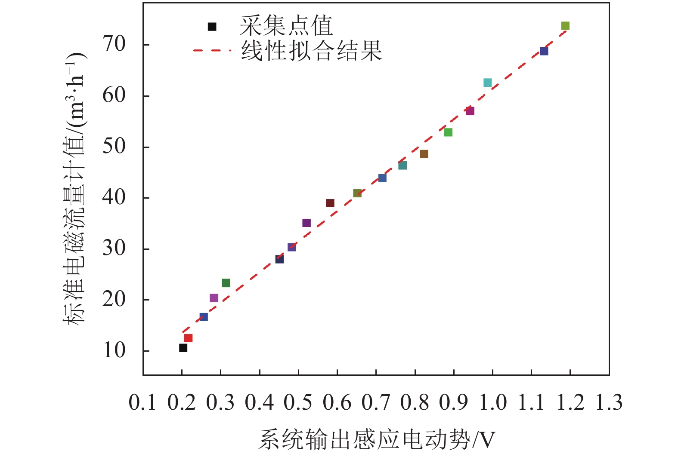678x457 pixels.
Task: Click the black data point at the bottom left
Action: click(183, 348)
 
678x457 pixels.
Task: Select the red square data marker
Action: click(188, 338)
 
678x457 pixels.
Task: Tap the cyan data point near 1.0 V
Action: click(487, 83)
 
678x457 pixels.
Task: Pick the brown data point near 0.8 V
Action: click(424, 154)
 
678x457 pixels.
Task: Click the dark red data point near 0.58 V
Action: click(330, 203)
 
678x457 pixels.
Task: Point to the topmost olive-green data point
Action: click(565, 26)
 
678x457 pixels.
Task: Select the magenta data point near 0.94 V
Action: click(470, 111)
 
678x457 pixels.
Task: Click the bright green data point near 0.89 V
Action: click(448, 132)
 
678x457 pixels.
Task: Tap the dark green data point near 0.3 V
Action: click(226, 283)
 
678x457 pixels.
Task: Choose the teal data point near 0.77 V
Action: click(402, 166)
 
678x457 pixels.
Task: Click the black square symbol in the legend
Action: click(212, 27)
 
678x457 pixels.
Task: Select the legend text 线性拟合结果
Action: click(311, 51)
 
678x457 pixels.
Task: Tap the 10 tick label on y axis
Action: click(114, 350)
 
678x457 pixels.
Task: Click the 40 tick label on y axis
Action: click(114, 197)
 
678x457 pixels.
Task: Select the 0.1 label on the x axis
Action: click(142, 403)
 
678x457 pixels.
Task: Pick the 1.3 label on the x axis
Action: click(609, 403)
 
